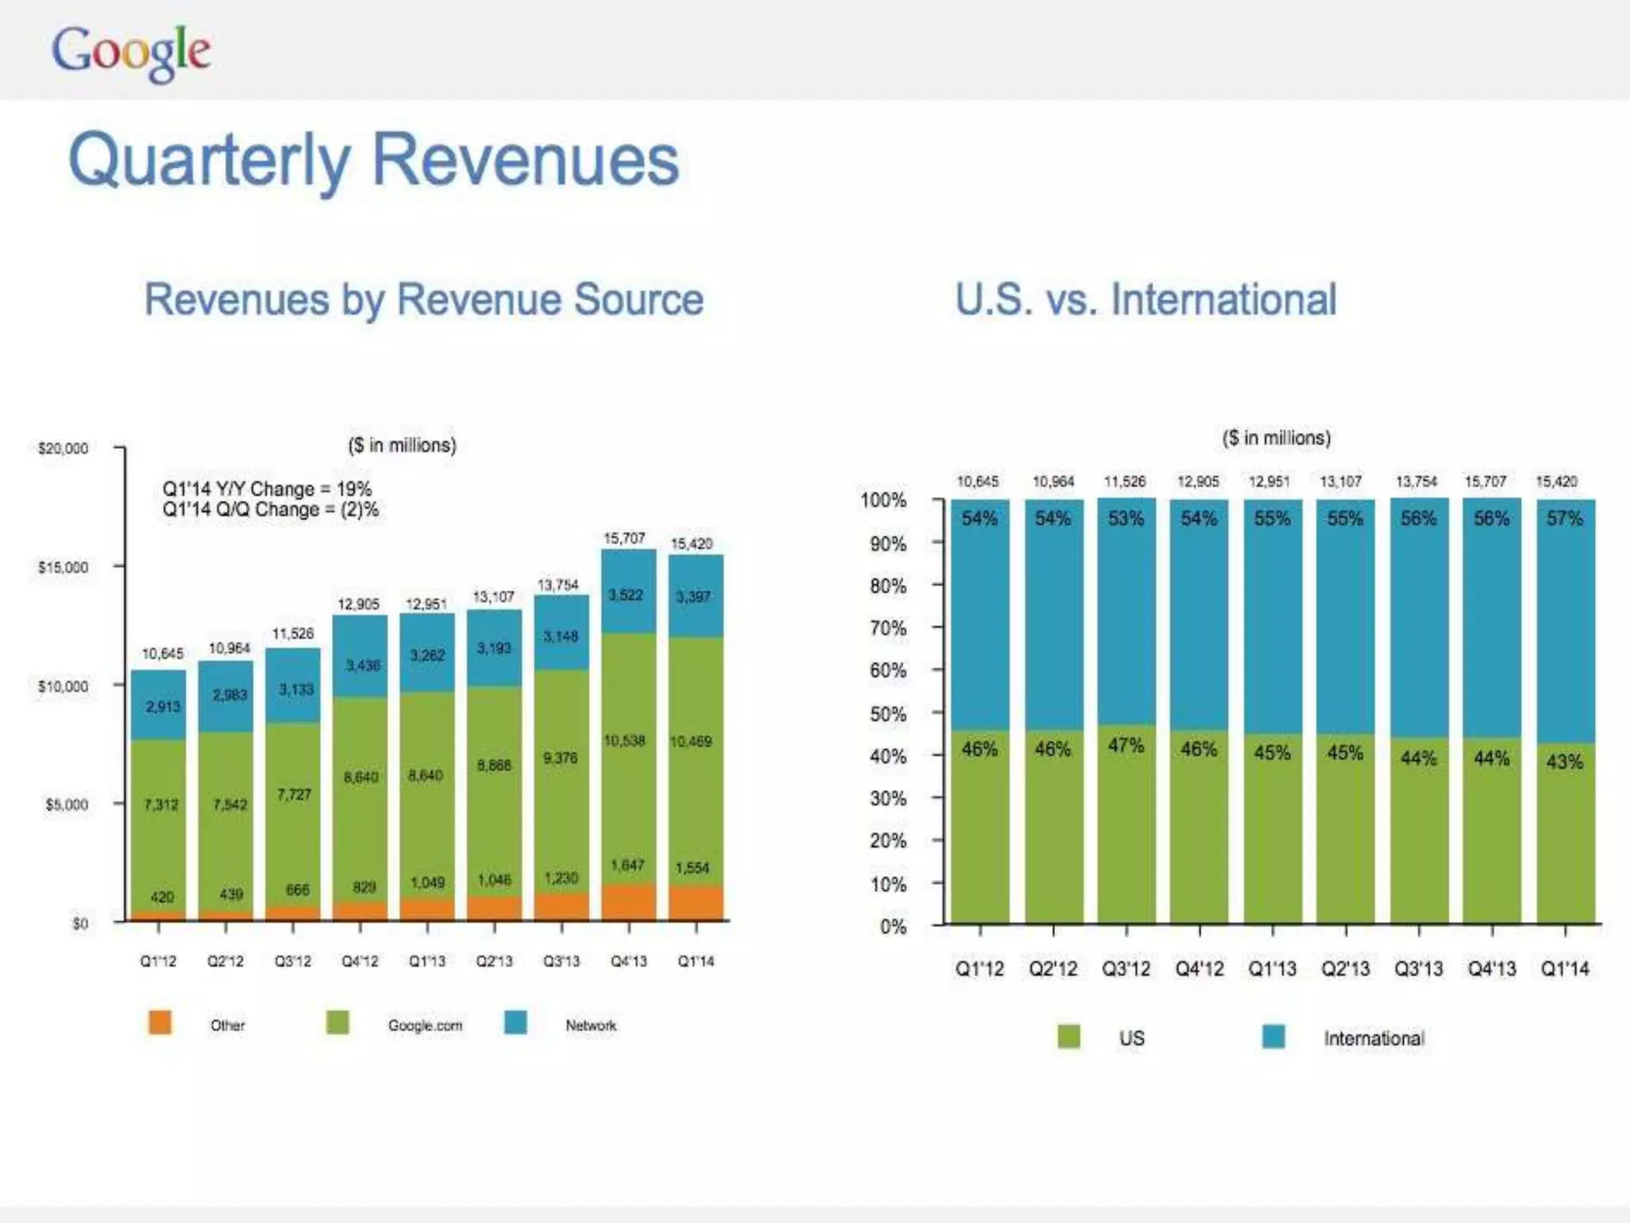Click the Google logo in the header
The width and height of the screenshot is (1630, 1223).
[x=131, y=52]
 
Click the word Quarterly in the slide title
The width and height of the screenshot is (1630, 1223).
[x=209, y=160]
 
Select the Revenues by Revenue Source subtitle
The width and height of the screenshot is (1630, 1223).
[x=423, y=300]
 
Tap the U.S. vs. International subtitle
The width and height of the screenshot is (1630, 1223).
[x=1145, y=300]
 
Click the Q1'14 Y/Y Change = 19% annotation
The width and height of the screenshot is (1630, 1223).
[x=267, y=489]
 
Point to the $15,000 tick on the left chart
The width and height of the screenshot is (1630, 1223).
[x=63, y=567]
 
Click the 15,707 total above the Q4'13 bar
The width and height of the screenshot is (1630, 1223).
[x=624, y=538]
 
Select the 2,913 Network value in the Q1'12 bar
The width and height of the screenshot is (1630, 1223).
[x=162, y=706]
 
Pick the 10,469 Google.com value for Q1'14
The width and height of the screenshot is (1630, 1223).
[x=690, y=741]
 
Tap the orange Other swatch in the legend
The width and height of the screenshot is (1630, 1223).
[x=160, y=1022]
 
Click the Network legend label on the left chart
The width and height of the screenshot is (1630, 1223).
[x=591, y=1026]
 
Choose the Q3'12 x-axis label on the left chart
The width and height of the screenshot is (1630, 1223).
[x=293, y=961]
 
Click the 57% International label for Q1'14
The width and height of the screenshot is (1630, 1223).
[x=1564, y=518]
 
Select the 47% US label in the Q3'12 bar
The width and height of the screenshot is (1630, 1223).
[x=1125, y=745]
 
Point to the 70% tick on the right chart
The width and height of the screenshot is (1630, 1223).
[x=887, y=628]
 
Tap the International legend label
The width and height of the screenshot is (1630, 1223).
[x=1374, y=1038]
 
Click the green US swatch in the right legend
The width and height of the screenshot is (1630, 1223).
[x=1069, y=1037]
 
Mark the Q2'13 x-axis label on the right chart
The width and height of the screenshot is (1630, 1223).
[x=1345, y=969]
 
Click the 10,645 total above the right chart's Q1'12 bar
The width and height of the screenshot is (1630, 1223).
[x=977, y=482]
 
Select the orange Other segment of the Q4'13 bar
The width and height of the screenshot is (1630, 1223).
[x=629, y=901]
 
